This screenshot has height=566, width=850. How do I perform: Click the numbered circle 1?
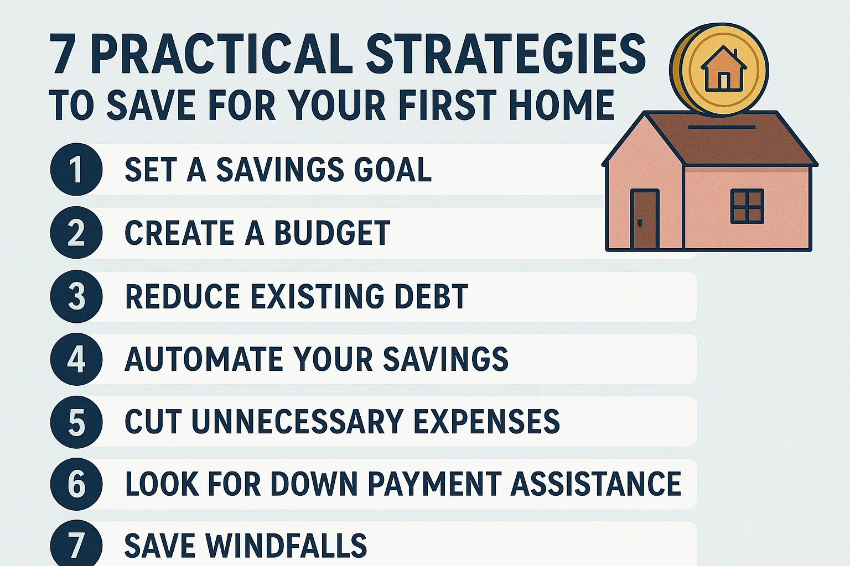point(76,170)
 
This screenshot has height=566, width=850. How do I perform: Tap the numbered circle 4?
point(76,359)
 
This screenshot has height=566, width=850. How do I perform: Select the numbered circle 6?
point(76,484)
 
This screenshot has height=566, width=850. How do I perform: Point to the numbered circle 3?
point(76,296)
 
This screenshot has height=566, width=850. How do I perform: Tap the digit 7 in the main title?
point(63,55)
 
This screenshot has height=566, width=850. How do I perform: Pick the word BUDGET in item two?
point(333,233)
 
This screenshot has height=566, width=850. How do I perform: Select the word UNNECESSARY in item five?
point(297,422)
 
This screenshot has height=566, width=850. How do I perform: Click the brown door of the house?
point(645,219)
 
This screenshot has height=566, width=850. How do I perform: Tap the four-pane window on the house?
point(747,206)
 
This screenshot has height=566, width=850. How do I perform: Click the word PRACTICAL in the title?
point(221,54)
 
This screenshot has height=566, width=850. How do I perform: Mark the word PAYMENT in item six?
point(435,484)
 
